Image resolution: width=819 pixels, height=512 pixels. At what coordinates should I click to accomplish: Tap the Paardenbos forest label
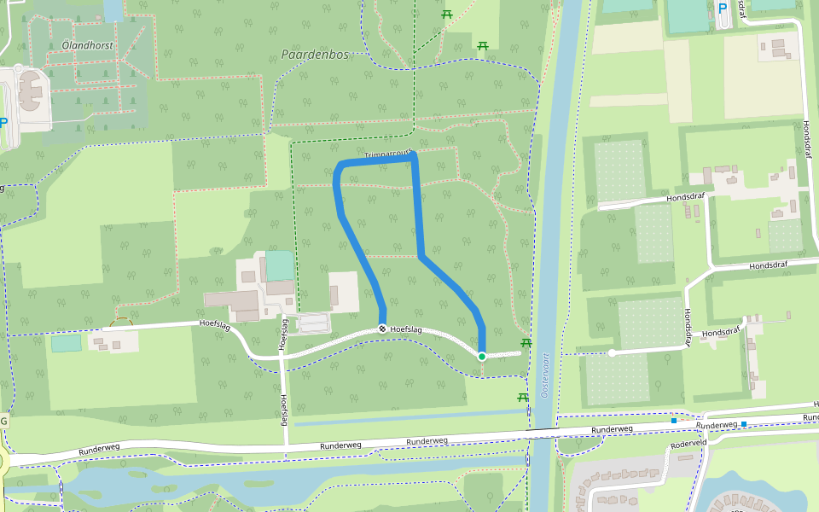tap(315, 55)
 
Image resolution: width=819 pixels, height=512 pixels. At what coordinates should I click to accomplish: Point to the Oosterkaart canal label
tap(546, 376)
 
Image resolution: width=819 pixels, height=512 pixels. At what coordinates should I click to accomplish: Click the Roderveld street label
tap(689, 444)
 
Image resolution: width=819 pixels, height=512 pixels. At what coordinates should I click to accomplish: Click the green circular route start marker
tap(481, 356)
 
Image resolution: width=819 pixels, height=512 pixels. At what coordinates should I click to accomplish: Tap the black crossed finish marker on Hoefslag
tap(382, 329)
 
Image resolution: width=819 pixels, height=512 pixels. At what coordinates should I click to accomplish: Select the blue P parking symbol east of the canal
tap(723, 9)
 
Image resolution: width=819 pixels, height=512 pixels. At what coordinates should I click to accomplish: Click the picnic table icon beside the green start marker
tap(526, 342)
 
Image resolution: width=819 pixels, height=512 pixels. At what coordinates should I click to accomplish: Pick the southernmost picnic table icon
tap(522, 397)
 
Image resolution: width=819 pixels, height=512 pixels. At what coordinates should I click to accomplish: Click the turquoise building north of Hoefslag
tap(279, 265)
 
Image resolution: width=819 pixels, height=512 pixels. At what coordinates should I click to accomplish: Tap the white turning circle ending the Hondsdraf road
tap(612, 352)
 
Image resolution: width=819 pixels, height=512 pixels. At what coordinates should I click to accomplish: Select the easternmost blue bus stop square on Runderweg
tap(744, 423)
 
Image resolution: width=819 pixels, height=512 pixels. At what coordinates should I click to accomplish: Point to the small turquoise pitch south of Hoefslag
tap(66, 343)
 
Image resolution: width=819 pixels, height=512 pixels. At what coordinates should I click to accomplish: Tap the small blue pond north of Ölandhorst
tap(113, 10)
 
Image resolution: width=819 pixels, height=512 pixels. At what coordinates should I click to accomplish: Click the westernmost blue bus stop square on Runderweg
tap(673, 420)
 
